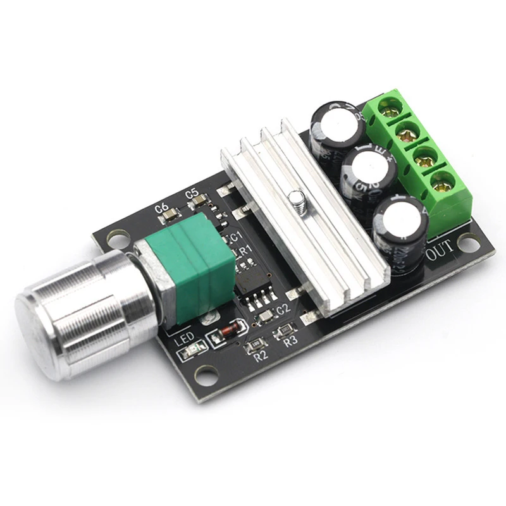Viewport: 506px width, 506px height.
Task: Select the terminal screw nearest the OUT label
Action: [443, 184]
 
